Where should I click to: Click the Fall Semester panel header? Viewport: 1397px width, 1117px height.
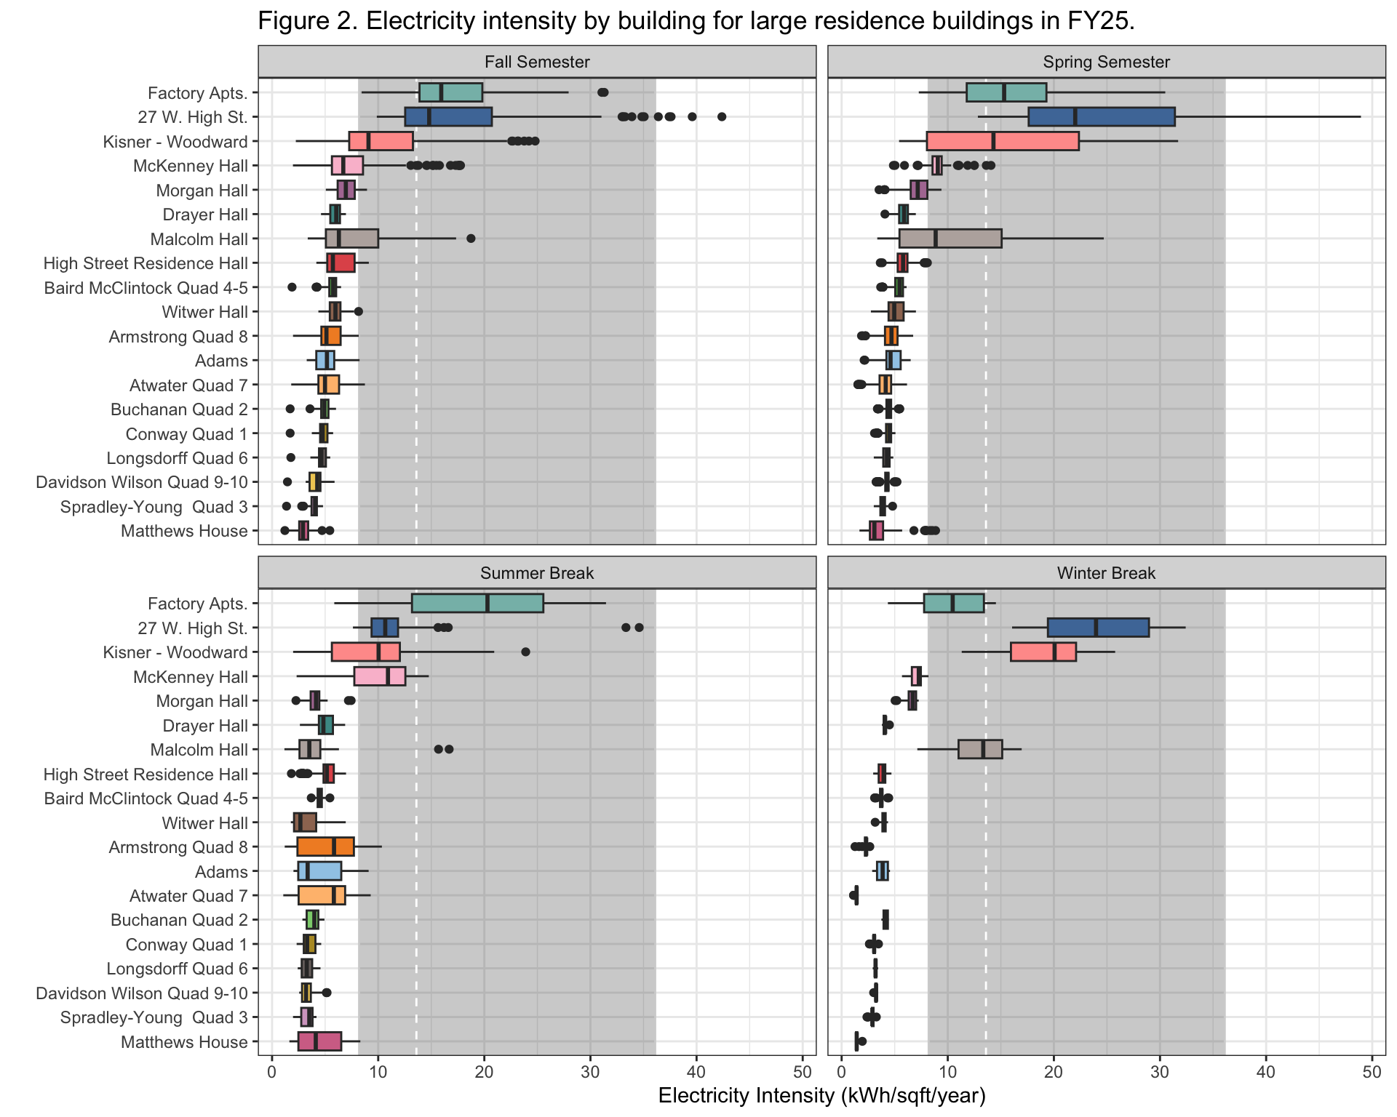point(537,62)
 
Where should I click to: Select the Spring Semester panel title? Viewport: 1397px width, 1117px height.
point(1106,62)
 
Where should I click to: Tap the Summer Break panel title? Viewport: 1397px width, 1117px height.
point(537,573)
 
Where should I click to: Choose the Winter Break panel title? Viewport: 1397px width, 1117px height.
point(1106,573)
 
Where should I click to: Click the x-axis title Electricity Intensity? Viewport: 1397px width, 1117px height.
point(821,1096)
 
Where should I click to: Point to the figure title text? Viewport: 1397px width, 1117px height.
point(696,21)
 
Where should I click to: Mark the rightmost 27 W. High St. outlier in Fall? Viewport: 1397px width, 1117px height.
point(722,116)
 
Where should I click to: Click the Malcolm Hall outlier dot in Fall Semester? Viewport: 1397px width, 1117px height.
point(471,239)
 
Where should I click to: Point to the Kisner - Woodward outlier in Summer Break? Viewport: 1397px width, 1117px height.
point(525,652)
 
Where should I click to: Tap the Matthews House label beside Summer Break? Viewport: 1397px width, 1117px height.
point(184,1042)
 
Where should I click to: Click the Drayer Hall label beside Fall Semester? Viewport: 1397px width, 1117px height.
point(205,215)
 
